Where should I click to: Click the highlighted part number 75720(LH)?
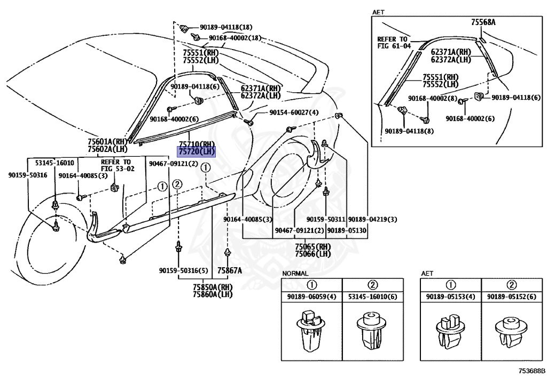(x=197, y=152)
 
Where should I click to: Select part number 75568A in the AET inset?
(x=483, y=22)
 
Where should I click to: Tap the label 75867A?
(x=230, y=270)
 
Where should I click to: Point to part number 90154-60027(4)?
(x=294, y=113)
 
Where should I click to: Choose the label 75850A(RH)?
(x=213, y=287)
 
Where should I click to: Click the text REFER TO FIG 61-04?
(x=394, y=43)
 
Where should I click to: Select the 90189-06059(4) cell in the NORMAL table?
(x=311, y=297)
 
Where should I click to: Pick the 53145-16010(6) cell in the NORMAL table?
(x=372, y=297)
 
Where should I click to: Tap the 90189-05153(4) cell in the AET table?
(x=451, y=297)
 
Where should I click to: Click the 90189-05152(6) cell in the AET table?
(x=511, y=297)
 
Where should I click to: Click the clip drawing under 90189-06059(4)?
(x=310, y=331)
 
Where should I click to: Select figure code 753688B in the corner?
(x=532, y=371)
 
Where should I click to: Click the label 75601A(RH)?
(x=107, y=142)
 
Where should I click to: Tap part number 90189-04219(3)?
(x=372, y=219)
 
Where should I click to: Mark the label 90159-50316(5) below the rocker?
(x=184, y=270)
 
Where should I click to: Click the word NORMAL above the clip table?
(x=295, y=274)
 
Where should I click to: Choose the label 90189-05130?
(x=347, y=230)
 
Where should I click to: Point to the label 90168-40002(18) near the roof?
(x=235, y=38)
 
